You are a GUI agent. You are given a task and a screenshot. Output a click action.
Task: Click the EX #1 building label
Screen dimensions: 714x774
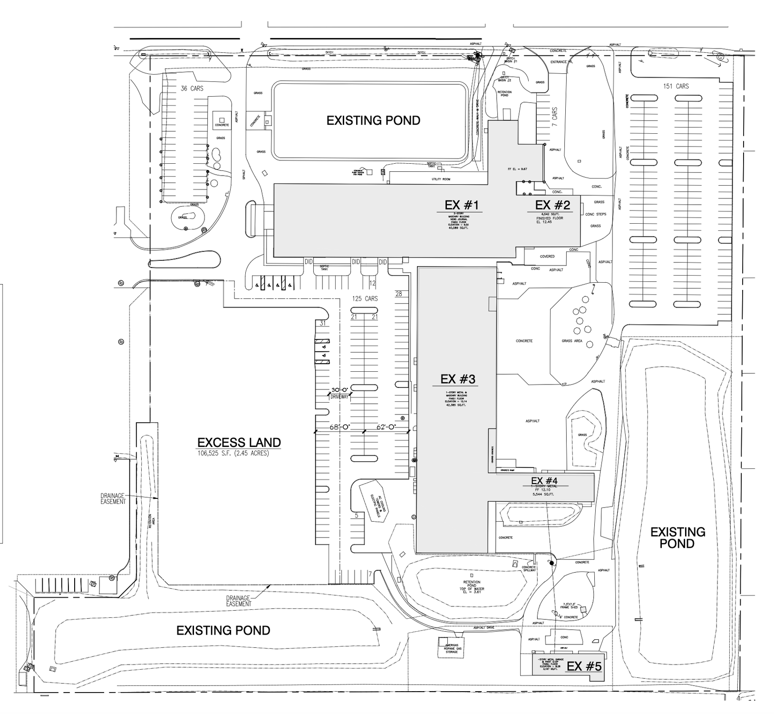462,205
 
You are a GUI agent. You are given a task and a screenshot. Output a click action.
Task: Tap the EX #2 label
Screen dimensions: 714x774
552,205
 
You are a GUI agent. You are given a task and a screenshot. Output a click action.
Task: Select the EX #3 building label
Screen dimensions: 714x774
457,379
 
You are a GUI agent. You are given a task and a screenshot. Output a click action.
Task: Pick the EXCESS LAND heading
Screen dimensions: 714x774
239,442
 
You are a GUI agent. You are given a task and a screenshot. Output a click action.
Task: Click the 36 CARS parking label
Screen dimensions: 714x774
192,89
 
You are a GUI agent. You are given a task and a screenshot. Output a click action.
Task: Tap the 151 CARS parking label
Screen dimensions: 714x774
676,86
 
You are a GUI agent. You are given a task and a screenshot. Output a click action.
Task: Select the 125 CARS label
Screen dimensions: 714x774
365,298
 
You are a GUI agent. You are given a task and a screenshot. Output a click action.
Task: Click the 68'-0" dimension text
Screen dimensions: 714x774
339,427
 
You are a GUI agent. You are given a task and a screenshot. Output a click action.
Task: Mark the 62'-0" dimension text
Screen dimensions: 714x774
387,427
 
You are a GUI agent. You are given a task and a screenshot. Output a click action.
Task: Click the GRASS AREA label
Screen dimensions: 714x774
571,341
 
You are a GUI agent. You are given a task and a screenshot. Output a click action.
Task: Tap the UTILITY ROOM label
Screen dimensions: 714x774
440,179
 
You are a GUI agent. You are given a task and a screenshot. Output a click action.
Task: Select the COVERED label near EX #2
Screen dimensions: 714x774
547,256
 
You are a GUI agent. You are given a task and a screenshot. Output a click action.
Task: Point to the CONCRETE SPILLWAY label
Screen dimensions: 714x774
529,568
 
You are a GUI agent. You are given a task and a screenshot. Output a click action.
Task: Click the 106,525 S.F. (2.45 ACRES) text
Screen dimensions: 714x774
233,453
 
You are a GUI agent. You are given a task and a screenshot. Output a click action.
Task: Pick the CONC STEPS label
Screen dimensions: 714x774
596,214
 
